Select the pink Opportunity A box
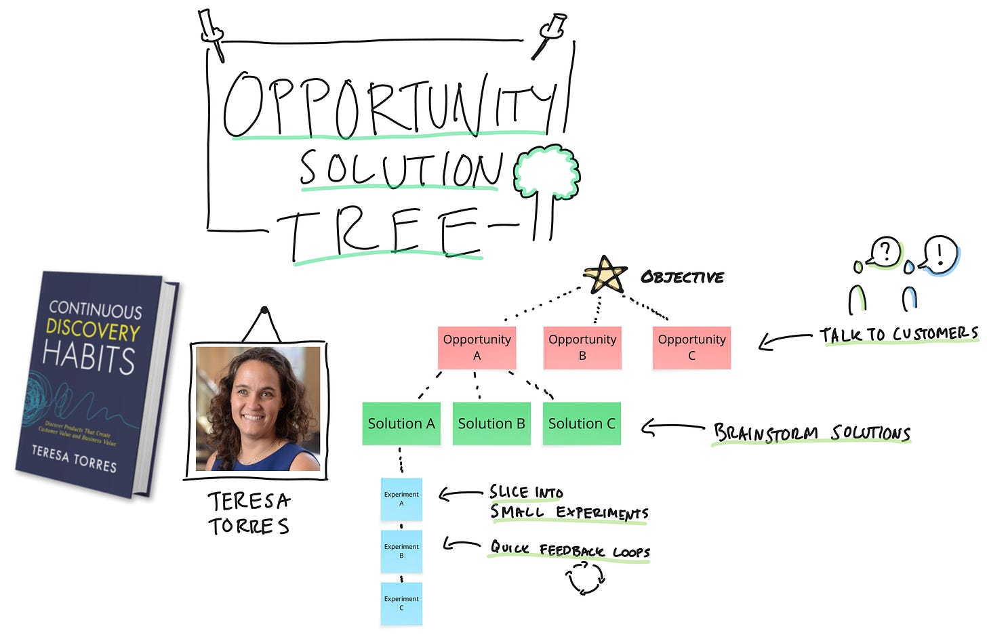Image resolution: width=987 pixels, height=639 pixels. pyautogui.click(x=477, y=348)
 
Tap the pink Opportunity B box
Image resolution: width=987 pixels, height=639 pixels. pyautogui.click(x=582, y=348)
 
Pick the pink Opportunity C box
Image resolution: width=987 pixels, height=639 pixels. pyautogui.click(x=691, y=348)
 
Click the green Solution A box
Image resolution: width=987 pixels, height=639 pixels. pyautogui.click(x=401, y=424)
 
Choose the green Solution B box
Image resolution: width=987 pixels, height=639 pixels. pyautogui.click(x=491, y=424)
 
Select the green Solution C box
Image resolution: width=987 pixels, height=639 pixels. pyautogui.click(x=582, y=424)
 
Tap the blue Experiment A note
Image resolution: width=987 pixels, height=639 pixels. pyautogui.click(x=401, y=499)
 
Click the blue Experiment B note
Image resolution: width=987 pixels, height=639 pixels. pyautogui.click(x=401, y=551)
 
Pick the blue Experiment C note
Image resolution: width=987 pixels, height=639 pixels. pyautogui.click(x=401, y=603)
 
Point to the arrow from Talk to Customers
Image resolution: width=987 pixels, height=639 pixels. pyautogui.click(x=784, y=339)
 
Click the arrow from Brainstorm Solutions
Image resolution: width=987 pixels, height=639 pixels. pyautogui.click(x=671, y=428)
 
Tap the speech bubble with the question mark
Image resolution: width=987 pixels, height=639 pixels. pyautogui.click(x=885, y=252)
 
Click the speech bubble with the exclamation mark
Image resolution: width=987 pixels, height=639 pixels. pyautogui.click(x=941, y=254)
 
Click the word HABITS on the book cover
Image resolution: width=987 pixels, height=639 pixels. pyautogui.click(x=89, y=358)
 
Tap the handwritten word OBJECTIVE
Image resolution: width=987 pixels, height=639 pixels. pyautogui.click(x=682, y=277)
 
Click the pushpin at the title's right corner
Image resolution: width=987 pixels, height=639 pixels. pyautogui.click(x=550, y=33)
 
